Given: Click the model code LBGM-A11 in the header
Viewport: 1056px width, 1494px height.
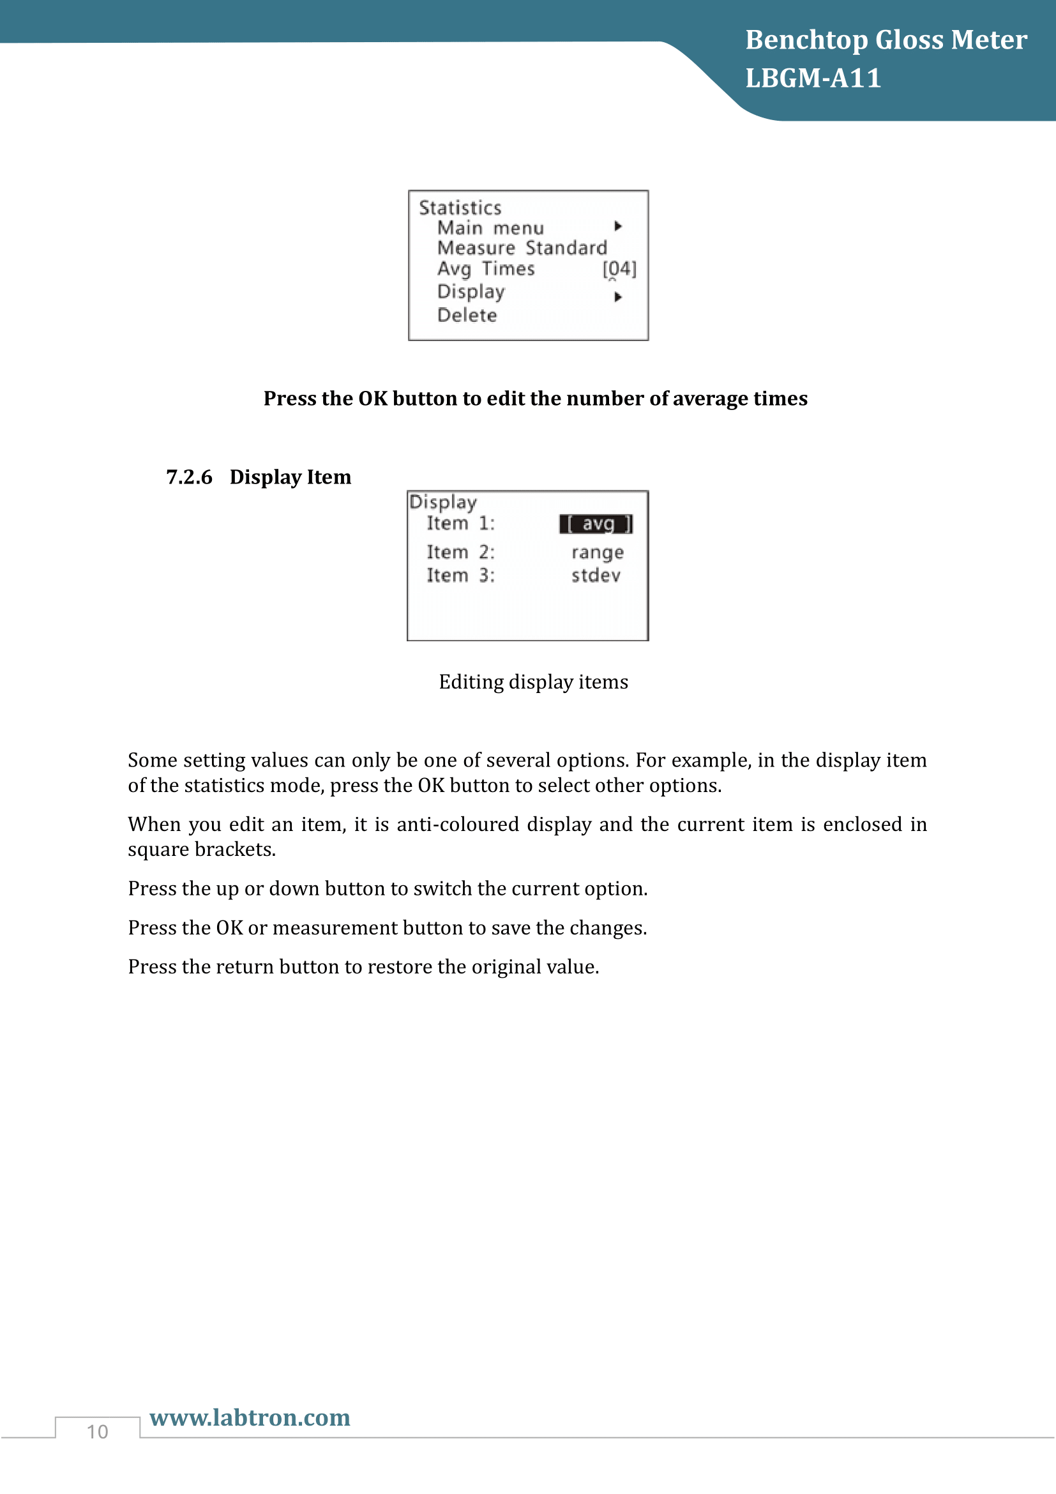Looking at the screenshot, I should pyautogui.click(x=813, y=78).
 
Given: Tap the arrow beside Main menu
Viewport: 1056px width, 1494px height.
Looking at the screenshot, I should pyautogui.click(x=618, y=227).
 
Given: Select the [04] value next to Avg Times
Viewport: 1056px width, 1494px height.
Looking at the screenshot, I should pyautogui.click(x=619, y=269).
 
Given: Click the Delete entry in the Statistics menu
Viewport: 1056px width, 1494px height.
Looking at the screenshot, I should pyautogui.click(x=467, y=316).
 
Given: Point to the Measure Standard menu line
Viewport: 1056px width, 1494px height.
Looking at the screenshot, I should pyautogui.click(x=522, y=248).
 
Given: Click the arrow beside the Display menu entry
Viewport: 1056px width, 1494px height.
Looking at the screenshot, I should pyautogui.click(x=618, y=298).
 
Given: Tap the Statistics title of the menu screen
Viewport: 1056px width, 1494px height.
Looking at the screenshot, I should pyautogui.click(x=460, y=208).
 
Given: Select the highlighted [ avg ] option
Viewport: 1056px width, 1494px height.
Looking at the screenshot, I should pyautogui.click(x=596, y=524).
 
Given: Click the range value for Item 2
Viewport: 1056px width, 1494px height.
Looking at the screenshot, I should pyautogui.click(x=597, y=553).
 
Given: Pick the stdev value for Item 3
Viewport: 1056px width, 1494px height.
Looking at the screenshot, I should pyautogui.click(x=596, y=576).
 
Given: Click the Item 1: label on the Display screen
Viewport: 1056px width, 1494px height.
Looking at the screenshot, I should pyautogui.click(x=460, y=523).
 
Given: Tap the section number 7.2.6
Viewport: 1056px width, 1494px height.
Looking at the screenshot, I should pyautogui.click(x=189, y=477).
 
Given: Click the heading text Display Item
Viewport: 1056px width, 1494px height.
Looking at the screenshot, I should pyautogui.click(x=290, y=477).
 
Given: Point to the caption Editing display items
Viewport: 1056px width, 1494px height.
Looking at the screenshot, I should pyautogui.click(x=533, y=682).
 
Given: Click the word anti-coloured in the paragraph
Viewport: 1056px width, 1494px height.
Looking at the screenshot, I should pyautogui.click(x=458, y=825).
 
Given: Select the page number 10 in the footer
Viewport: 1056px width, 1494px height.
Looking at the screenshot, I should pyautogui.click(x=98, y=1432).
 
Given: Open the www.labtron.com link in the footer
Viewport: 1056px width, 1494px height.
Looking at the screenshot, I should pyautogui.click(x=250, y=1418).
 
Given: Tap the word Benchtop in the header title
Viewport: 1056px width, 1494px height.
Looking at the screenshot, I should pyautogui.click(x=806, y=40).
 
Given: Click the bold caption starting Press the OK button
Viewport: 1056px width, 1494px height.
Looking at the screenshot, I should pyautogui.click(x=535, y=398).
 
